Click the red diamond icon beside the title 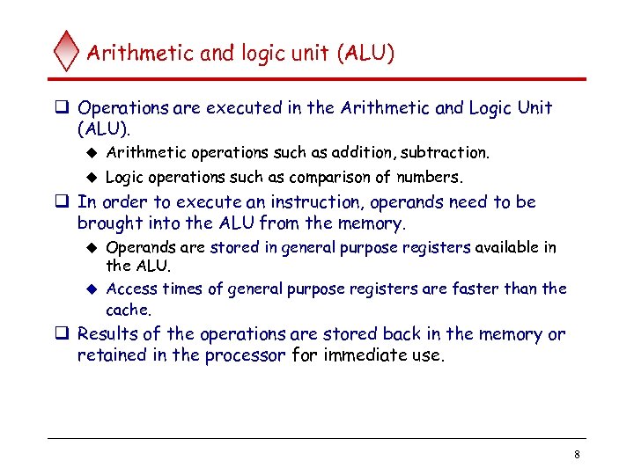pyautogui.click(x=66, y=52)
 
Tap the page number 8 pyautogui.click(x=576, y=455)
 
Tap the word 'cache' pyautogui.click(x=128, y=310)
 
